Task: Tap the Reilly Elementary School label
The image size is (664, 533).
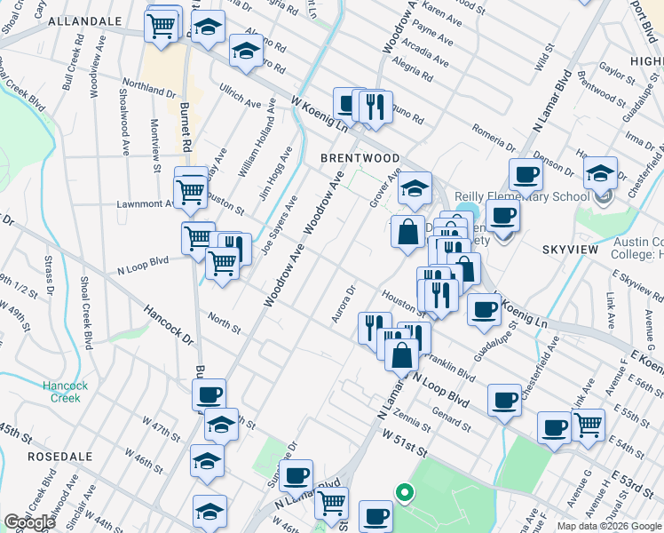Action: [521, 196]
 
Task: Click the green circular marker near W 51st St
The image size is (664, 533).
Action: [404, 490]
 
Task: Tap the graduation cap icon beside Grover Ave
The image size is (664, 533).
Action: [414, 187]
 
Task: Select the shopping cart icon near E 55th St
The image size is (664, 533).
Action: [588, 426]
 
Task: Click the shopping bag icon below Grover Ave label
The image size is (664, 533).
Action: [407, 233]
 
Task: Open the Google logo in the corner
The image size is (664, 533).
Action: [29, 522]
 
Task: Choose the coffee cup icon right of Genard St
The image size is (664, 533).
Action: [505, 400]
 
